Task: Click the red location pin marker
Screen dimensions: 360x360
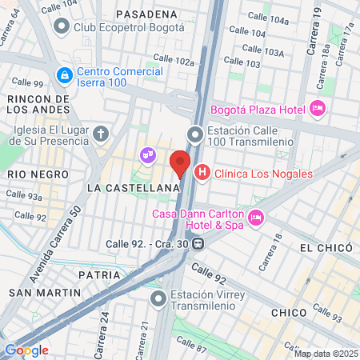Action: click(x=180, y=162)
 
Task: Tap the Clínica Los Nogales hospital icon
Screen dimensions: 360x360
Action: click(x=202, y=171)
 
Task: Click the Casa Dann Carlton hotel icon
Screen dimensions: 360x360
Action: click(x=256, y=217)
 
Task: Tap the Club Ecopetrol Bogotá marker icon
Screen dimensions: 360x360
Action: click(x=61, y=26)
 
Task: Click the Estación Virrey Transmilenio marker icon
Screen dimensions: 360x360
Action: click(x=158, y=299)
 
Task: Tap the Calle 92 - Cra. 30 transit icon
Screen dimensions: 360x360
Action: click(x=197, y=245)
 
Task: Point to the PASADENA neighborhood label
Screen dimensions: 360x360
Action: click(x=146, y=14)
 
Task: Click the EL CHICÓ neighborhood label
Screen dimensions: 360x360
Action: click(x=326, y=248)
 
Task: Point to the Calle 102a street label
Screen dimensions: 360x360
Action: click(x=174, y=60)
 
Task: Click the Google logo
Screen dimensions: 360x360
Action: click(x=26, y=350)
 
